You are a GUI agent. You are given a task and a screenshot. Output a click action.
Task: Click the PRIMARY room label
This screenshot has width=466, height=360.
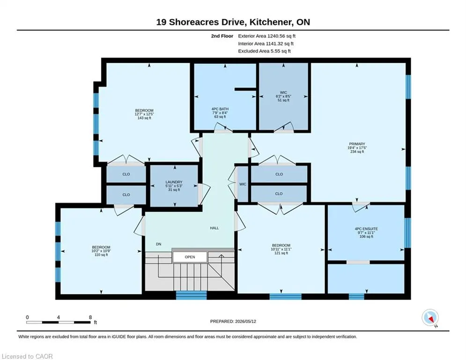coord(356,148)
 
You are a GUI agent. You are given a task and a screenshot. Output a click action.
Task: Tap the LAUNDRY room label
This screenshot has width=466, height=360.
coord(174,186)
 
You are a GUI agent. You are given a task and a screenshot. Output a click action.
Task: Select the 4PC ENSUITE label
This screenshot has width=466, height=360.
coord(366,232)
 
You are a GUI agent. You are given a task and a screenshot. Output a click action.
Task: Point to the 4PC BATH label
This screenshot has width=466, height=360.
coord(220,113)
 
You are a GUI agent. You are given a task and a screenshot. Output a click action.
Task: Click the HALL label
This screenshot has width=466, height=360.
coord(215,228)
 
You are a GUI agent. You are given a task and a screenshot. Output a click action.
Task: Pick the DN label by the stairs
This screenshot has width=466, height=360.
coord(159,244)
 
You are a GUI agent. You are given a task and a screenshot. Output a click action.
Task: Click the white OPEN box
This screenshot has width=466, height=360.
coord(190,257)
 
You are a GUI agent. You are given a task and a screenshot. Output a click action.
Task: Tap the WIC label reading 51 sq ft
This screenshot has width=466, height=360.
coord(283,97)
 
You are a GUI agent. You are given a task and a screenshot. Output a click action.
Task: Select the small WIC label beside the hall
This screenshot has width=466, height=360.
coord(243,184)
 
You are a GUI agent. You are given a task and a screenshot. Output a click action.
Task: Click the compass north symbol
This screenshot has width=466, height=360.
coord(430,318)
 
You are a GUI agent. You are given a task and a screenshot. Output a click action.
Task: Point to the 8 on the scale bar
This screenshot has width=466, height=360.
coord(90,317)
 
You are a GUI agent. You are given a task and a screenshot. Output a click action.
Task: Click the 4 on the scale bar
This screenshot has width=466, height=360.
coord(58,317)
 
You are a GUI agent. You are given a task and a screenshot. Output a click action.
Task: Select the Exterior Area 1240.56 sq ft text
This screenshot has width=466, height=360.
coord(266,36)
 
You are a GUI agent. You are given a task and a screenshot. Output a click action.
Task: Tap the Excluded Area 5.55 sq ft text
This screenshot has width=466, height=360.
coord(264,51)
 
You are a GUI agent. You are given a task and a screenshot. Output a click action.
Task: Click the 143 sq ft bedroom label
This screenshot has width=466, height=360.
coord(144,114)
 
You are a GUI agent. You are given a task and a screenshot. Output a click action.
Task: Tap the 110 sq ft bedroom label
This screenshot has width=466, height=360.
coord(101,251)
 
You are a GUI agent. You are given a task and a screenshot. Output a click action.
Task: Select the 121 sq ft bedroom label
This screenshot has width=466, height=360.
coord(281,249)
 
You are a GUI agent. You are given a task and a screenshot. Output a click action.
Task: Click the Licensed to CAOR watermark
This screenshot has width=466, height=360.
coord(27,356)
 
